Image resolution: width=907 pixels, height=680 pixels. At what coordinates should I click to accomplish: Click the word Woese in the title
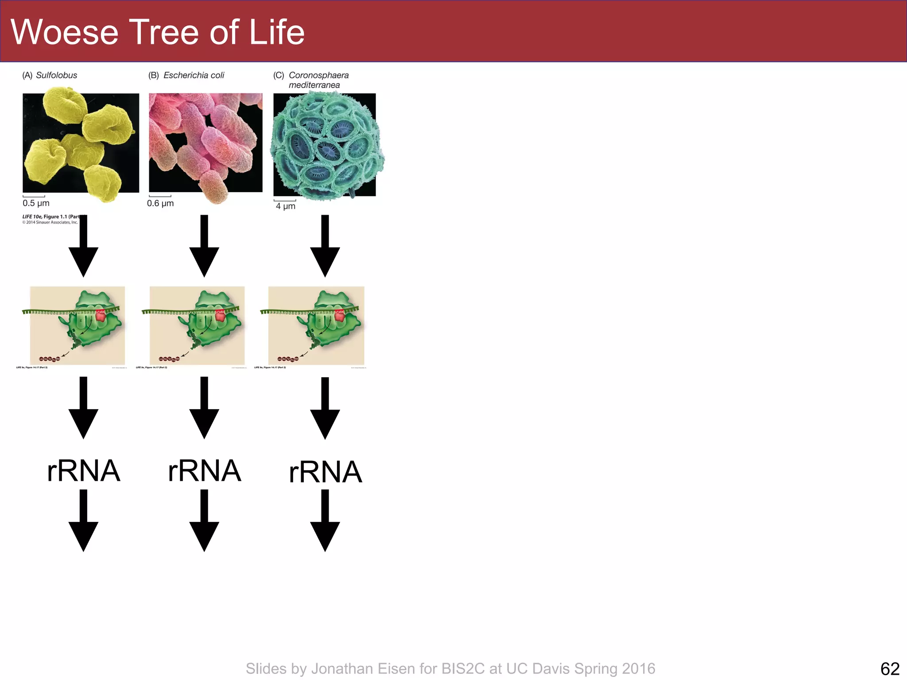[x=65, y=32]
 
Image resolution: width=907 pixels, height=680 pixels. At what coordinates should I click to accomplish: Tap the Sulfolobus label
[x=56, y=75]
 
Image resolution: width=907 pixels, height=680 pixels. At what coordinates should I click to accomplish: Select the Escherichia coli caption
[x=194, y=75]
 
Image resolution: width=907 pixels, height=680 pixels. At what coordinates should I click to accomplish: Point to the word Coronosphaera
[x=318, y=75]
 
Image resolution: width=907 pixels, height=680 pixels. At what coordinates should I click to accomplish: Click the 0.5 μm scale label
[x=36, y=203]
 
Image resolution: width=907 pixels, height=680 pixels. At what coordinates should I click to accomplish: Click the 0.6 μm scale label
[x=160, y=203]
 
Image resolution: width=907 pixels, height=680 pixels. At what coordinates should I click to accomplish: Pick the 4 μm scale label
[x=285, y=206]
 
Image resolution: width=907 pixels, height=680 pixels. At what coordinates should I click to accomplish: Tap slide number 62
[x=890, y=668]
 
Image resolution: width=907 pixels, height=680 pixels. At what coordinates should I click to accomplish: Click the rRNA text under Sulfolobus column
[x=83, y=471]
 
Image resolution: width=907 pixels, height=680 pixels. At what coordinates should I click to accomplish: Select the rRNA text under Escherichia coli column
[x=204, y=471]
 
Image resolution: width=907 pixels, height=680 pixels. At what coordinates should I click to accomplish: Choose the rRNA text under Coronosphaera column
[x=325, y=472]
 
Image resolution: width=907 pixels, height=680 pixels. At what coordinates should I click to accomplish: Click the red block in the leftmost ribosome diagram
[x=101, y=315]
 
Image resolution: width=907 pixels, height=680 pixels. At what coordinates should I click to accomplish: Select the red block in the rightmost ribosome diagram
[x=339, y=315]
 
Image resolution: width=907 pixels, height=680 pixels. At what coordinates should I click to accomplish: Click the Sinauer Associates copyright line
[x=50, y=222]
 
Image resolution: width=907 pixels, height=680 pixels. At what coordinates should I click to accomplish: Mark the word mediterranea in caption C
[x=314, y=85]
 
